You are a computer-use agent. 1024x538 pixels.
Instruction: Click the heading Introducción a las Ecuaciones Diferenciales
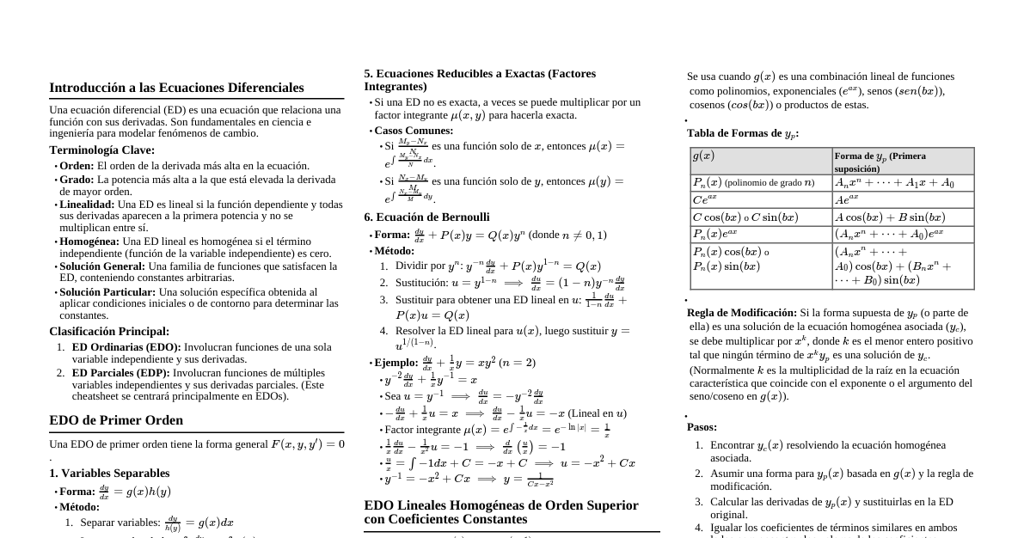176,88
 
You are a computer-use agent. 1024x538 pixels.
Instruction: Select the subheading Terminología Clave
101,150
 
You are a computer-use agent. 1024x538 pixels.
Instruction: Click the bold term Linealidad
87,205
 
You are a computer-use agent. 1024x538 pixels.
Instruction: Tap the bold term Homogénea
89,241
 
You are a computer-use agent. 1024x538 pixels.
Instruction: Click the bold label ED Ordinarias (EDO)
126,347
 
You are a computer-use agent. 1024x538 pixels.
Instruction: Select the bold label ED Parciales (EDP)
121,373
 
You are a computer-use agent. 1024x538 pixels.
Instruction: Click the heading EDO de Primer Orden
116,420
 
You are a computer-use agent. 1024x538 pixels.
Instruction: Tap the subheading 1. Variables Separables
109,473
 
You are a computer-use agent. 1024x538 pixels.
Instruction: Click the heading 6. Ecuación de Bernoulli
426,217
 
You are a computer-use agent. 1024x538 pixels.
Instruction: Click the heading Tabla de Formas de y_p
742,133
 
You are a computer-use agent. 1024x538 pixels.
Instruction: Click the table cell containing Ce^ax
761,199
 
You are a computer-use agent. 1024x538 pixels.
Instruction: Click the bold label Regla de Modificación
742,313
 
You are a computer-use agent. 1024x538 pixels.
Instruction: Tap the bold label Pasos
702,427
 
